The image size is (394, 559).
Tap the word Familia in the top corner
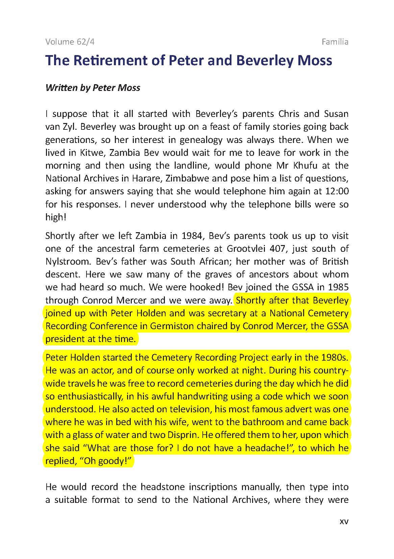[335, 42]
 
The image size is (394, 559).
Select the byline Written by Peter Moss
[93, 88]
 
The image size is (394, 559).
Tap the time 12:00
[336, 191]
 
